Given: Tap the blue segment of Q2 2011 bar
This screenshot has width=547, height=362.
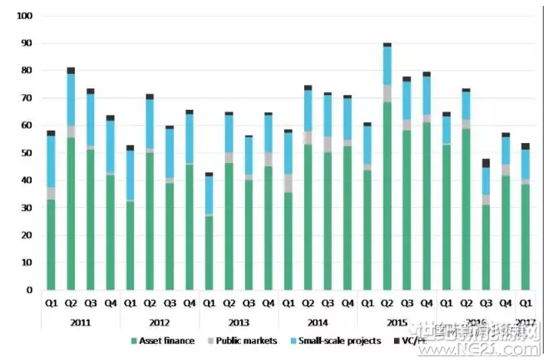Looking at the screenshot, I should [71, 100].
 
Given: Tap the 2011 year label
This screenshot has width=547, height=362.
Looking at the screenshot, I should [80, 320].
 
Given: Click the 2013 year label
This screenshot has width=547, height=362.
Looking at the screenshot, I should [239, 320].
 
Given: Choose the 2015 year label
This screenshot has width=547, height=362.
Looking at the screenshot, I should [397, 320].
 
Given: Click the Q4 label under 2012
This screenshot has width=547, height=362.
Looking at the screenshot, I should [190, 304].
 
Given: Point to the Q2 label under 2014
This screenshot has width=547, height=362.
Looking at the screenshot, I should [308, 304].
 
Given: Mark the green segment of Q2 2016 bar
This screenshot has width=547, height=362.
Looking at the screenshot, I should [466, 208].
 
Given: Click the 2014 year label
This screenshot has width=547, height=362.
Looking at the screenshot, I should [318, 320].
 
